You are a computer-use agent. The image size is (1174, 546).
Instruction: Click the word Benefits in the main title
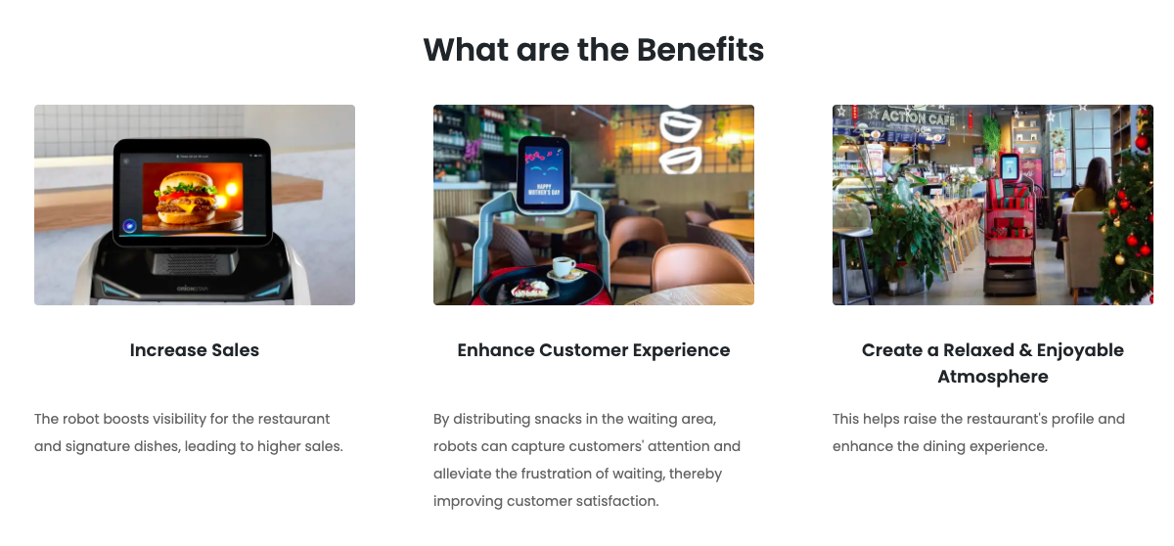tap(700, 50)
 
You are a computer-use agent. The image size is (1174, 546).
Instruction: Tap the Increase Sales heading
tap(195, 350)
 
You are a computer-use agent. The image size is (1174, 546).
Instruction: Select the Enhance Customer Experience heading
tap(593, 350)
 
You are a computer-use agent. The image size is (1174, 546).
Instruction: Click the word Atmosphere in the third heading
tap(993, 377)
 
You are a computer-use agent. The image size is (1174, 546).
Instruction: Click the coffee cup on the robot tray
tap(564, 267)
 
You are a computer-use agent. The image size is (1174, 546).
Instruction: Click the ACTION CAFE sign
tap(918, 116)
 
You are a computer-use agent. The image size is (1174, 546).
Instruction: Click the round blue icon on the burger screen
tap(129, 226)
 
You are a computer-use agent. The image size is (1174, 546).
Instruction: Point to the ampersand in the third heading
tap(1024, 350)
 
